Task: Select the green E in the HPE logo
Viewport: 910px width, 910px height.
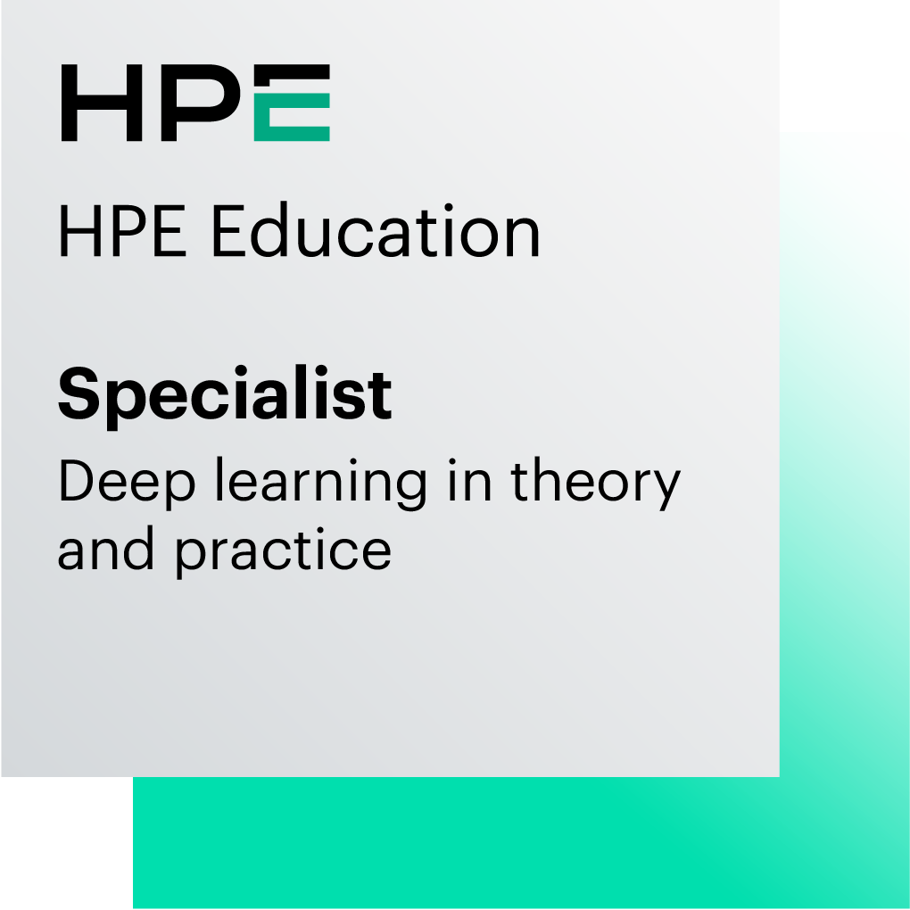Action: pyautogui.click(x=292, y=103)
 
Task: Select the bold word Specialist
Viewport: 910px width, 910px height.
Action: pyautogui.click(x=224, y=395)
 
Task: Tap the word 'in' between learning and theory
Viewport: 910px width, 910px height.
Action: pyautogui.click(x=467, y=482)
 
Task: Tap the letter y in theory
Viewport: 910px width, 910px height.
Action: pyautogui.click(x=665, y=491)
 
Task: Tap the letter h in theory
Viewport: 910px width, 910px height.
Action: pyautogui.click(x=550, y=482)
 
